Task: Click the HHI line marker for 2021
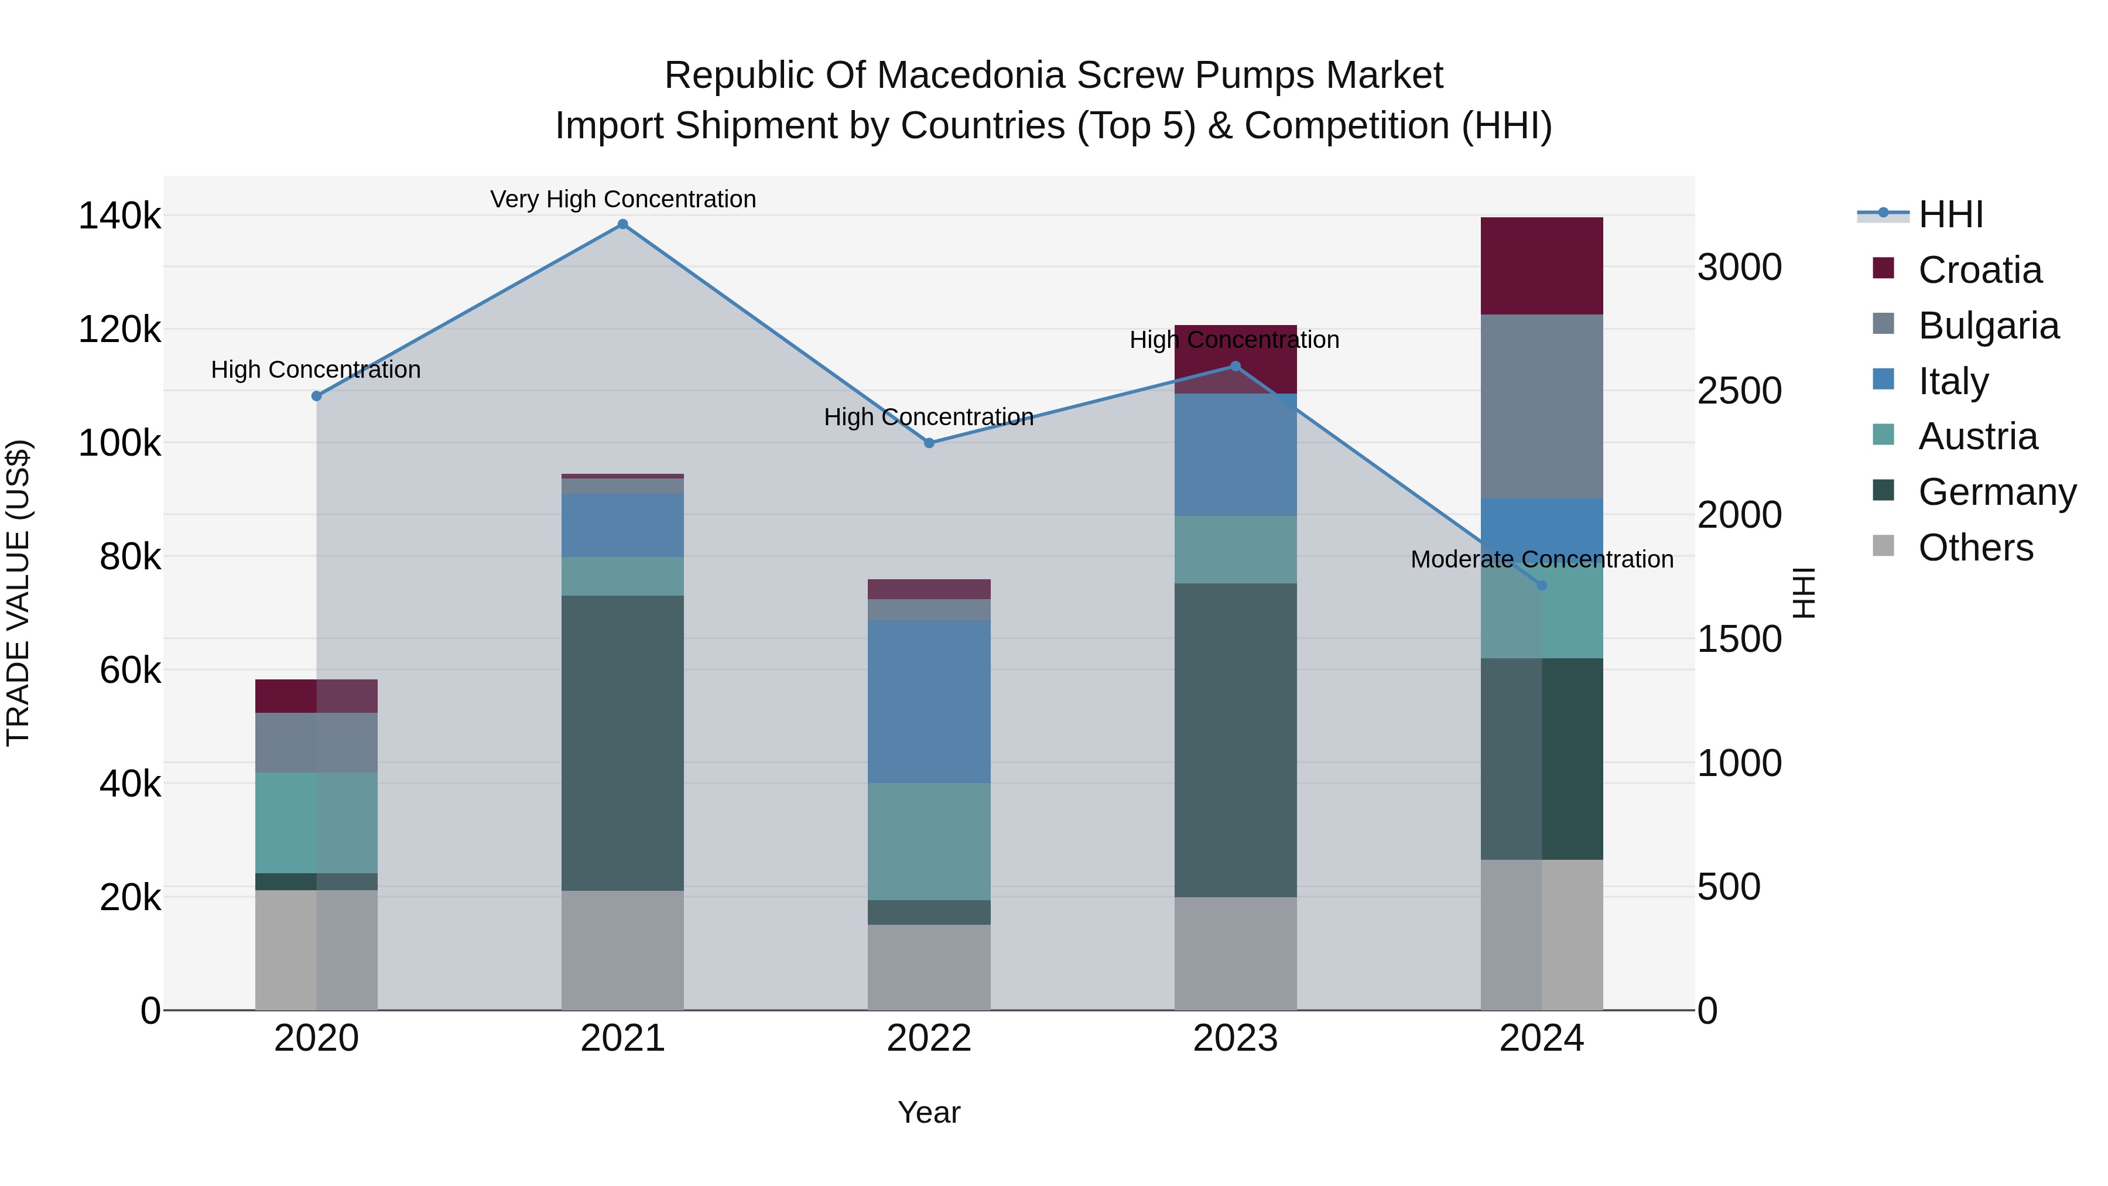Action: [623, 224]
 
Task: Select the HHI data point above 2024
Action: [1542, 585]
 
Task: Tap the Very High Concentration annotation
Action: [623, 199]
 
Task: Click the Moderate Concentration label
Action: [1542, 560]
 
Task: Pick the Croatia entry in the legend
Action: [1980, 270]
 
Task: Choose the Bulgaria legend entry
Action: [1988, 326]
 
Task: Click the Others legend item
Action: [1976, 548]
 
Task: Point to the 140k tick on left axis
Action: [119, 217]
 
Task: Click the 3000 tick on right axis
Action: [1740, 268]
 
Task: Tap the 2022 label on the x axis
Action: [929, 1038]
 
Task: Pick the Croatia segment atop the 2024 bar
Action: [1542, 266]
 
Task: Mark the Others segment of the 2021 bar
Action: [623, 949]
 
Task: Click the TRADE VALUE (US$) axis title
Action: [19, 593]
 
